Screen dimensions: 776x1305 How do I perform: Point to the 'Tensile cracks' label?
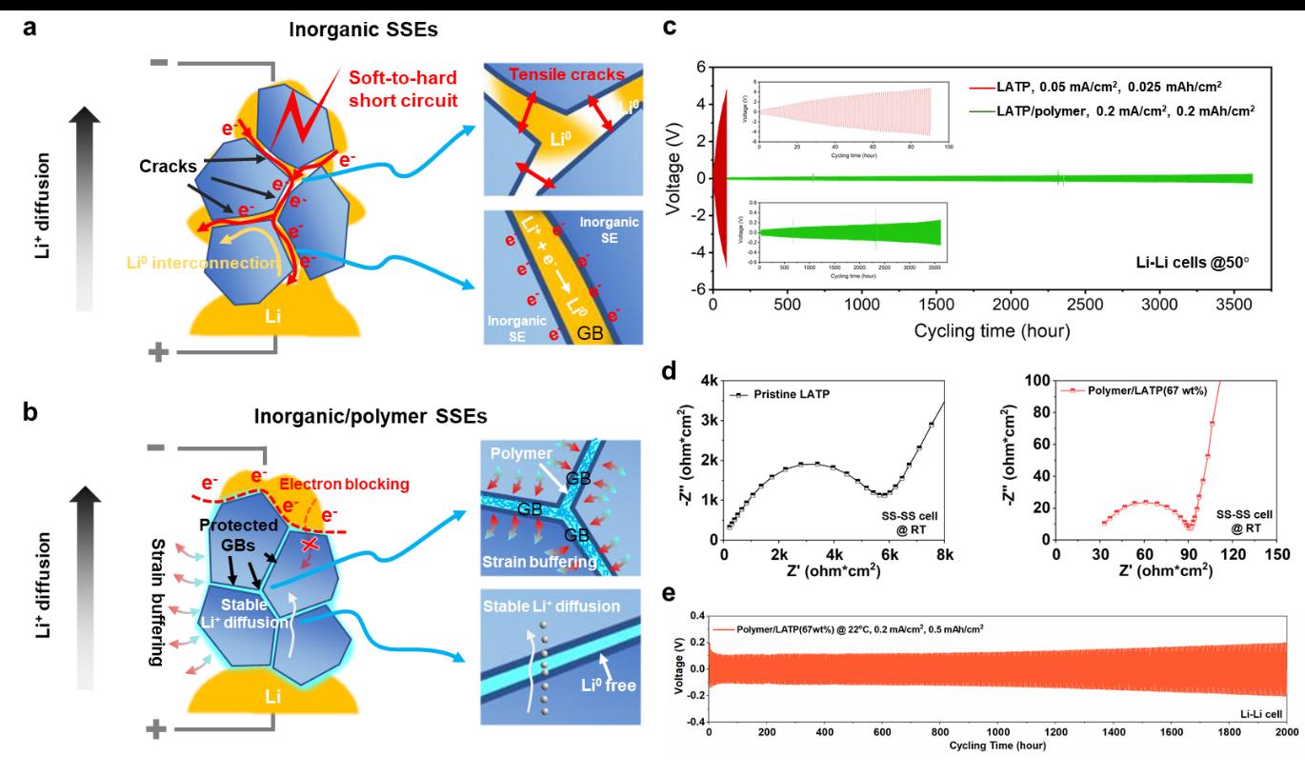[547, 75]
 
